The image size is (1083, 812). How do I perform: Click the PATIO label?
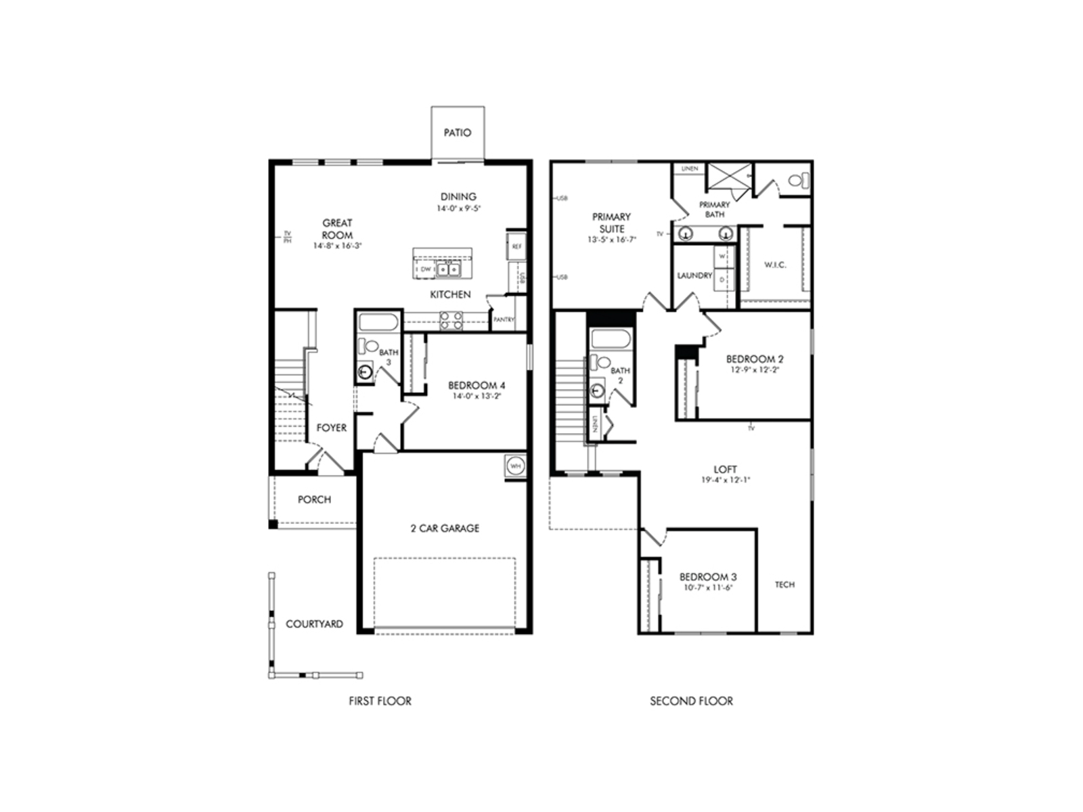point(458,133)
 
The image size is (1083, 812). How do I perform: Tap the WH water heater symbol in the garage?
point(516,466)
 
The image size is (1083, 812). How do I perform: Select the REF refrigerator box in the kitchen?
point(516,246)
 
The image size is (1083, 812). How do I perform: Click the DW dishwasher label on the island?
point(426,269)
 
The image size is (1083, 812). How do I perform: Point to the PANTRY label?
point(504,319)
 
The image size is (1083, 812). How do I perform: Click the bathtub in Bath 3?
point(378,322)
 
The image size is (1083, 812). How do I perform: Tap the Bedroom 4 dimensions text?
point(477,397)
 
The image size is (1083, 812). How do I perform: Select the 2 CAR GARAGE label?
point(445,528)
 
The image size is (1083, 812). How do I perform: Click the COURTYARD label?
point(314,624)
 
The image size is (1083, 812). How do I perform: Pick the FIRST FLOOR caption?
point(380,701)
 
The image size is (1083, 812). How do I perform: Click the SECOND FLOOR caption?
point(691,701)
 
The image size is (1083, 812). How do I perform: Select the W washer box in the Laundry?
point(722,257)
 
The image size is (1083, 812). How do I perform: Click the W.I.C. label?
point(775,265)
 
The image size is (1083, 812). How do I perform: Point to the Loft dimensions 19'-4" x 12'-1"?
point(725,480)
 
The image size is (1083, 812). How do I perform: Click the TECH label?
point(784,585)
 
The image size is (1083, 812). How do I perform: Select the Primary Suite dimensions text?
point(611,240)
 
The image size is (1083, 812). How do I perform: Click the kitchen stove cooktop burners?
point(451,320)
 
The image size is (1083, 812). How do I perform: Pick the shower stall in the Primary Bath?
point(728,177)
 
